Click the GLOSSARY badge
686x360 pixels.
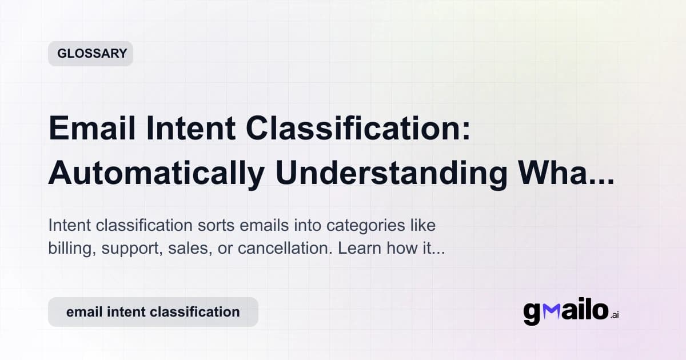click(x=90, y=54)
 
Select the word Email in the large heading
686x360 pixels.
click(x=91, y=129)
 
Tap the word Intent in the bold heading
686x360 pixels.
click(x=190, y=129)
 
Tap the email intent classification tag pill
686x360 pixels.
click(x=153, y=312)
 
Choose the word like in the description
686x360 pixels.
click(x=422, y=225)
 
